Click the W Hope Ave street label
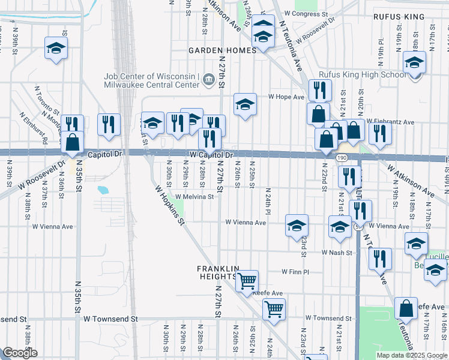click(x=286, y=97)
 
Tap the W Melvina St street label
click(x=194, y=196)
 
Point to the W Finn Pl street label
click(x=295, y=272)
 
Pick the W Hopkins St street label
click(x=170, y=204)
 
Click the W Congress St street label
click(x=306, y=13)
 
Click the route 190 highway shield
click(x=341, y=157)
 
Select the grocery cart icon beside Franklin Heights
click(x=247, y=280)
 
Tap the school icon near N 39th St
click(x=56, y=48)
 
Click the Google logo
click(x=20, y=353)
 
